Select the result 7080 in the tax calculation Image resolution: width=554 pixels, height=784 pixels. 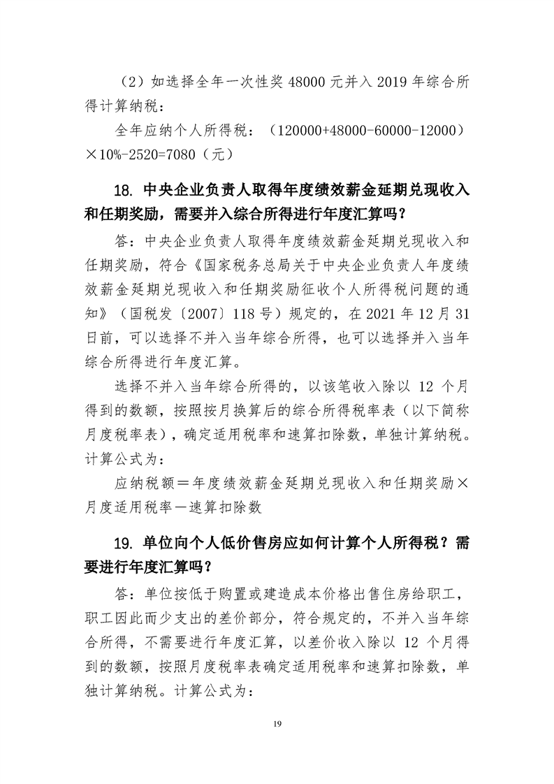[x=191, y=152]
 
